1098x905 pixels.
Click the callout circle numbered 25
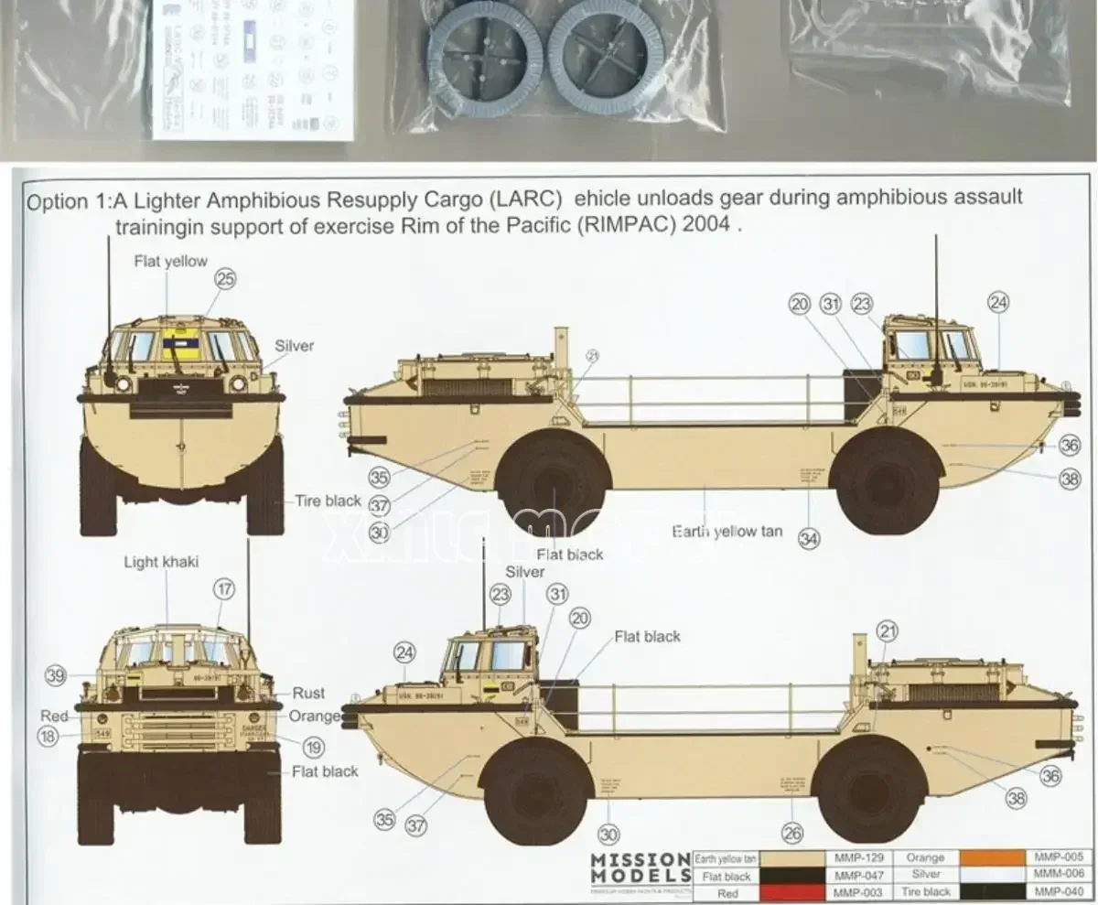pyautogui.click(x=225, y=279)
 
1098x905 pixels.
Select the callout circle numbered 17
pyautogui.click(x=225, y=590)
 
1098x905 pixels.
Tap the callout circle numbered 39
pyautogui.click(x=57, y=675)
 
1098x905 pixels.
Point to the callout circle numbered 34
pyautogui.click(x=809, y=538)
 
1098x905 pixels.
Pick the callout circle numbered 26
pyautogui.click(x=792, y=833)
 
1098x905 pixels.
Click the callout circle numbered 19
pyautogui.click(x=314, y=748)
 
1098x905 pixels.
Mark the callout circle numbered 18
pyautogui.click(x=48, y=736)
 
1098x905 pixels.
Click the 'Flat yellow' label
pyautogui.click(x=170, y=261)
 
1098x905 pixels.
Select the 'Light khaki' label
pyautogui.click(x=161, y=562)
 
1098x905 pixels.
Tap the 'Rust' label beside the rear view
pyautogui.click(x=308, y=694)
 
